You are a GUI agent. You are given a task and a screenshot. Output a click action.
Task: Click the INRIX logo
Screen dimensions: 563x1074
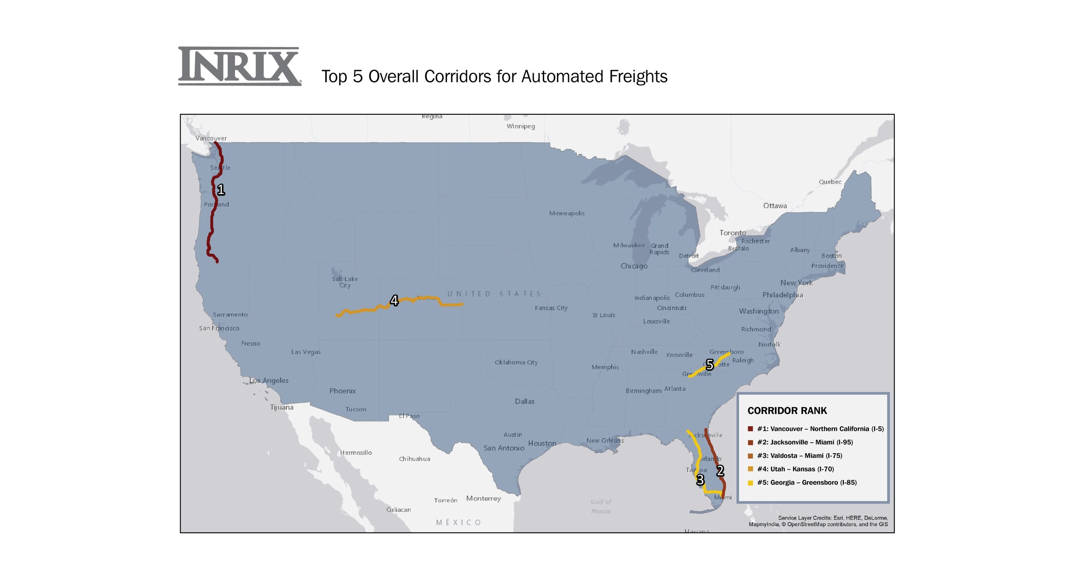click(239, 66)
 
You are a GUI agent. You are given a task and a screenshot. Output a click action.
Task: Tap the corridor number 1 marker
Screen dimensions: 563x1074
click(221, 190)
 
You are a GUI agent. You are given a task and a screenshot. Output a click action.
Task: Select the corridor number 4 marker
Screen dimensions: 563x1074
click(394, 301)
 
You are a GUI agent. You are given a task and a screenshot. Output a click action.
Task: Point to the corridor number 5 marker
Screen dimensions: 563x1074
click(710, 365)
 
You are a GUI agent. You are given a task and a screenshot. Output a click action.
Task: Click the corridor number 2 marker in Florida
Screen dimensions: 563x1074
click(720, 471)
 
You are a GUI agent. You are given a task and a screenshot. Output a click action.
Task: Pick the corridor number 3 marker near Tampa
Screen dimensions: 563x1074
click(700, 480)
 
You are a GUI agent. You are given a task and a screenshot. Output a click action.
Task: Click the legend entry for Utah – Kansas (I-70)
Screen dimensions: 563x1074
click(795, 469)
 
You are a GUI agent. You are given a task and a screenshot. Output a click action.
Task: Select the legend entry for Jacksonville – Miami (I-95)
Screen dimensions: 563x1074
click(805, 442)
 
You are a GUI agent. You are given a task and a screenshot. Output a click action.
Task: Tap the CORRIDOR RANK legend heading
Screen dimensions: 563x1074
click(787, 411)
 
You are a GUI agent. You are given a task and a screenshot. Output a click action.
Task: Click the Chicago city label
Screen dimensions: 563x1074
click(634, 266)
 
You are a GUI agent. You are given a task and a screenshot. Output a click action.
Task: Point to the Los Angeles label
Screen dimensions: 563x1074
click(269, 381)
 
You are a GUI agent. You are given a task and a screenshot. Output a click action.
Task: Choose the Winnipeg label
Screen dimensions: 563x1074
click(521, 127)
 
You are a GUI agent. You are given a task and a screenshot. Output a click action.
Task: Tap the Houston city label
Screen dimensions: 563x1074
click(542, 443)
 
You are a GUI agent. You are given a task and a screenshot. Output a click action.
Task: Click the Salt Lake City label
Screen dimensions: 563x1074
click(345, 282)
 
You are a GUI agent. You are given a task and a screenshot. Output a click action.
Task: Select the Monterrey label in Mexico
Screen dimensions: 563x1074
click(484, 498)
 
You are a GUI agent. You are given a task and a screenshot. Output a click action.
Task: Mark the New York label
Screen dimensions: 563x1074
click(796, 283)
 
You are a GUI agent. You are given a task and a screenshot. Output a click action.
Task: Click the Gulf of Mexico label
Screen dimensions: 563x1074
click(601, 506)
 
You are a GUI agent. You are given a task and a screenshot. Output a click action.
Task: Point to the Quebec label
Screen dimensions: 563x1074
click(830, 182)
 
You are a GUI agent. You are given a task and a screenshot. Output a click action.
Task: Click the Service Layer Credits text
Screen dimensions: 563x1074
click(818, 521)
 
